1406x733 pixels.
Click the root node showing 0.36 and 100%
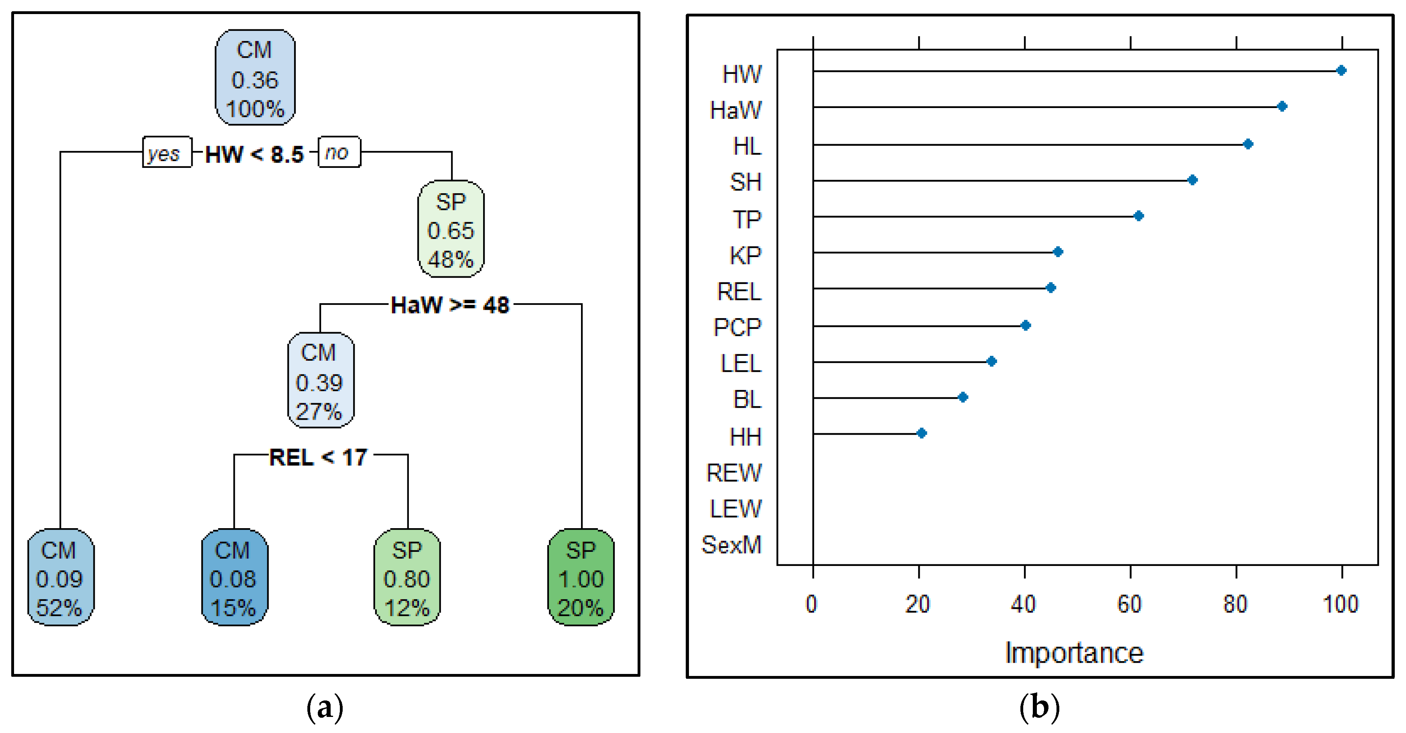[x=255, y=78]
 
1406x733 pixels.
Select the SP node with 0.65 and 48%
[x=451, y=229]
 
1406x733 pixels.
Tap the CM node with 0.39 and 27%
[x=320, y=381]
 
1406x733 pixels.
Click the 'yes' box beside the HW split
[x=166, y=152]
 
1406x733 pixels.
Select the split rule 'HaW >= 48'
[x=450, y=305]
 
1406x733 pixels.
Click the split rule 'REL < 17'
[x=319, y=457]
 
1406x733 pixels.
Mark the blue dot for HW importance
[x=1341, y=70]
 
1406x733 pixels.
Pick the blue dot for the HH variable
[x=921, y=433]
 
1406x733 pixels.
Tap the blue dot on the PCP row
[x=1025, y=326]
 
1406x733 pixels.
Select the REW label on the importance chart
[x=733, y=472]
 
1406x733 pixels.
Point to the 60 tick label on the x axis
[x=1129, y=604]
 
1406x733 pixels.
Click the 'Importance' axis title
[x=1074, y=653]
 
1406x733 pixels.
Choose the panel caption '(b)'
[x=1039, y=708]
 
